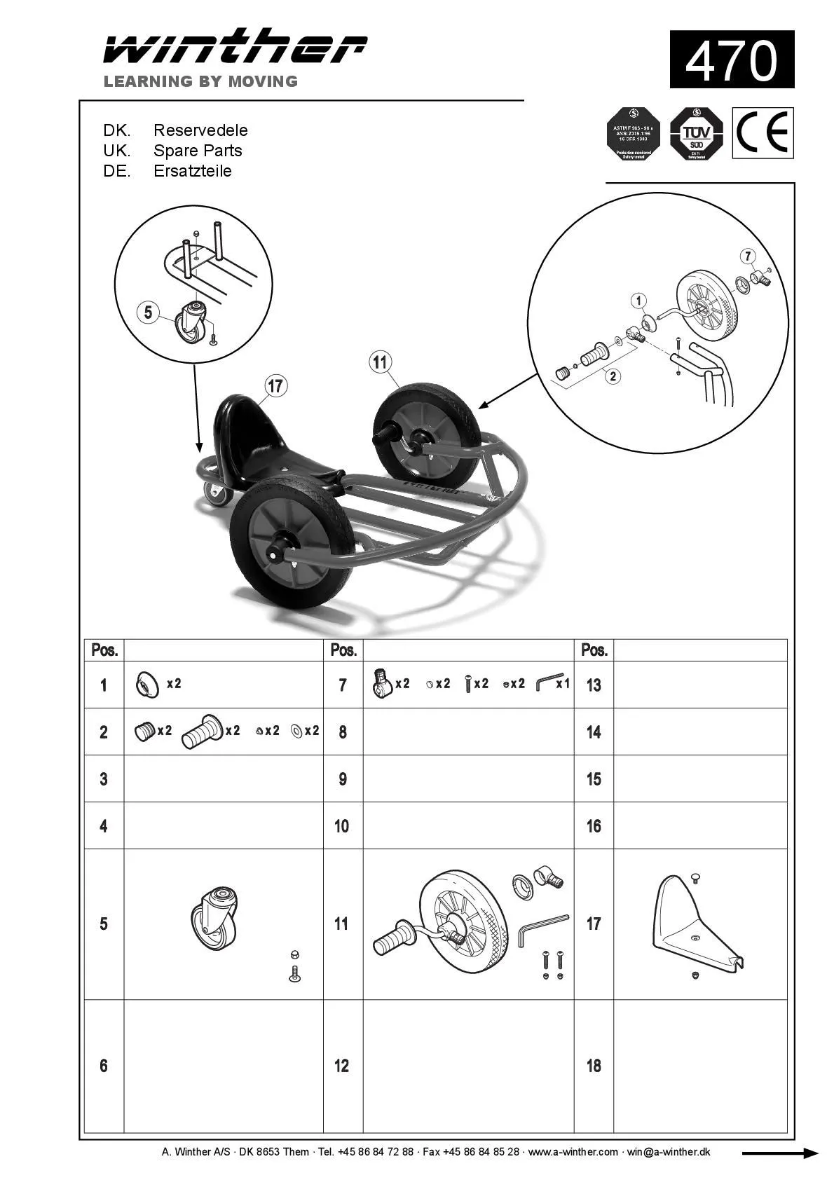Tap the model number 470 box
pos(731,60)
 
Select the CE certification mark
pos(763,132)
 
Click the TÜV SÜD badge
pos(696,133)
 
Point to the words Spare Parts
pos(198,151)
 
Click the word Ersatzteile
pos(192,171)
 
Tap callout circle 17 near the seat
pos(276,385)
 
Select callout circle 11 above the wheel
pos(379,362)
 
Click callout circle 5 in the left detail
pos(148,312)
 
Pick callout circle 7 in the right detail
pos(748,256)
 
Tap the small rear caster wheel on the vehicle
pos(218,494)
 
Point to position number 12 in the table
pos(341,1066)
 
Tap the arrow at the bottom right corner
pos(779,1153)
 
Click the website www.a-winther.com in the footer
pos(573,1152)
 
